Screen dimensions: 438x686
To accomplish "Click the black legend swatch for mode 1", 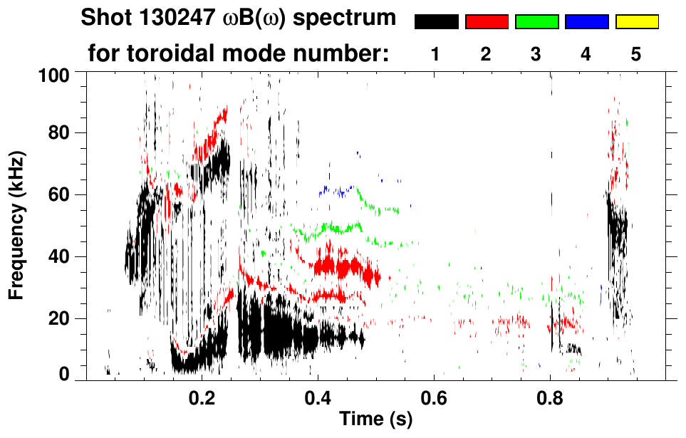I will [437, 22].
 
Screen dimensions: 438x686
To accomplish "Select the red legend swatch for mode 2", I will [487, 22].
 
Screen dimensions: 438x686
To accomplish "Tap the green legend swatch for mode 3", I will [536, 22].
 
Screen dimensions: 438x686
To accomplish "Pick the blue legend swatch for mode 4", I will [586, 22].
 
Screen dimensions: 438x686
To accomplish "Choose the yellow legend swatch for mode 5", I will [637, 22].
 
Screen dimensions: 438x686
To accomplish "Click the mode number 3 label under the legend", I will [536, 54].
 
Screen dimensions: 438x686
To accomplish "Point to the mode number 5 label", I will [636, 54].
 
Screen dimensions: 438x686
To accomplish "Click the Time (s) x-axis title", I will [375, 419].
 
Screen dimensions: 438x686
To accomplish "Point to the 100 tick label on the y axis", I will [53, 74].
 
